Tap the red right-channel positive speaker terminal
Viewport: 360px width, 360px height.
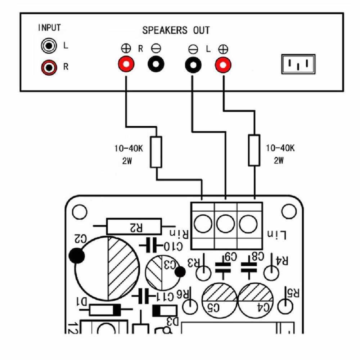(x=126, y=64)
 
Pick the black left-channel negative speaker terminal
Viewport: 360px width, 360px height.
(x=193, y=64)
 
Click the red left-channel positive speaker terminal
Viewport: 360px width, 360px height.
(x=223, y=64)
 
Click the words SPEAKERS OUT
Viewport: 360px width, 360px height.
(x=176, y=31)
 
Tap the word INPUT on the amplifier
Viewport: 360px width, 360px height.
(x=49, y=28)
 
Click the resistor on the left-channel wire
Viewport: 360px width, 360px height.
(x=254, y=150)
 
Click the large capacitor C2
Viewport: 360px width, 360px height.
(x=106, y=268)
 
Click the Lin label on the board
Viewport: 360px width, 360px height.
(x=278, y=236)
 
